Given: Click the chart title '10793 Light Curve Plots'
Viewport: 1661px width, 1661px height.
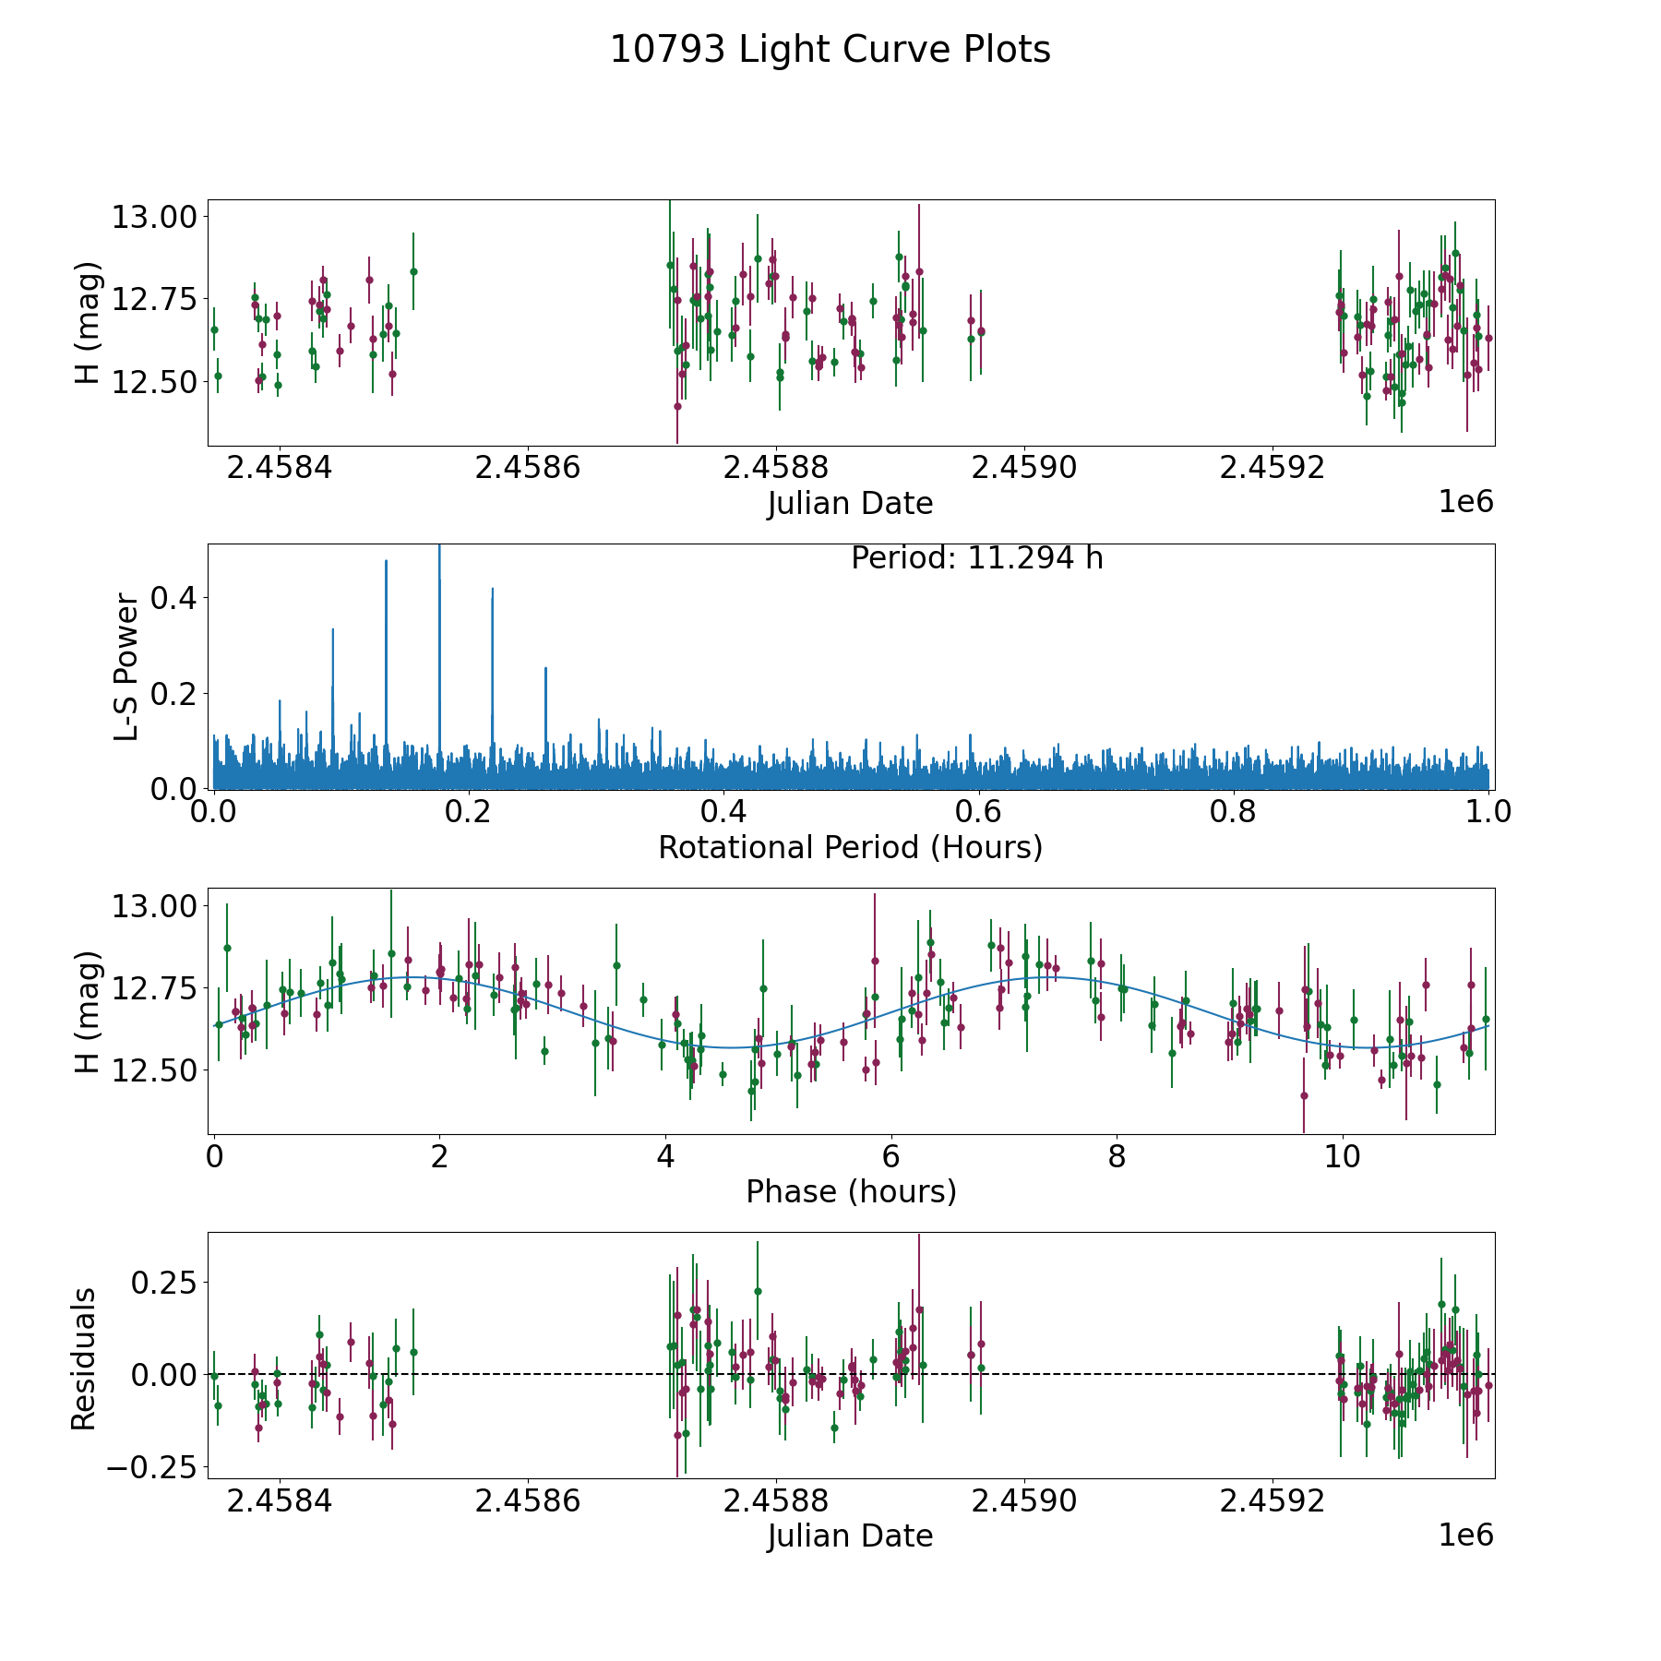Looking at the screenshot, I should tap(830, 50).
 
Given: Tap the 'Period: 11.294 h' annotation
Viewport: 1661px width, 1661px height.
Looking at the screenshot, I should tap(976, 558).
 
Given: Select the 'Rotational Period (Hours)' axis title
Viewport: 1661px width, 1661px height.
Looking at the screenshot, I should tap(850, 847).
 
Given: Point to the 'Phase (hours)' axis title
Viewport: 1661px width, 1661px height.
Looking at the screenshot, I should tap(851, 1191).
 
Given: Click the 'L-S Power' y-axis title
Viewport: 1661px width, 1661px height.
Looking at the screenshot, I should tap(127, 666).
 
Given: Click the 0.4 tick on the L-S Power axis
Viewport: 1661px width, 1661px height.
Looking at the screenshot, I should tap(173, 598).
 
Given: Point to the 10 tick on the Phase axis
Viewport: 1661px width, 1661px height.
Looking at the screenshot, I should tap(1343, 1156).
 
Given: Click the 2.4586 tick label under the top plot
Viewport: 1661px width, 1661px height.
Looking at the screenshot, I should tap(527, 468).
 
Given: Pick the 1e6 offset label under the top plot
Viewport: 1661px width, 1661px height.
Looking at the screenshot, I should tap(1465, 502).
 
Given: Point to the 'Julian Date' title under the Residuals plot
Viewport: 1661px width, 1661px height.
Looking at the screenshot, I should tap(850, 1536).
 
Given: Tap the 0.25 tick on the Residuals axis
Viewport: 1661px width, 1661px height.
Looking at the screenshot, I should tap(164, 1283).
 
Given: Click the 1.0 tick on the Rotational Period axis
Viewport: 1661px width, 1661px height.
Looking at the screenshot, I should tap(1488, 812).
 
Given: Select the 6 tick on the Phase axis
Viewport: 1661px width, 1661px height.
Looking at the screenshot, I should tap(891, 1156).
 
